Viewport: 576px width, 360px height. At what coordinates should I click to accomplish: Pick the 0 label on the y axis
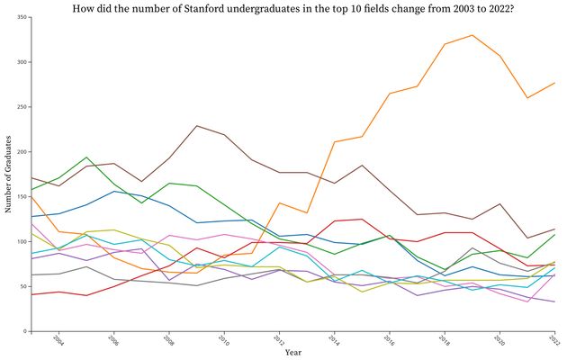tap(24, 331)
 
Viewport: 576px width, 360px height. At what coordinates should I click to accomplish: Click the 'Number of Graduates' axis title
tap(8, 175)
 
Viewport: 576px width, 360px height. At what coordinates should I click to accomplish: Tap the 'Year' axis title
tap(293, 353)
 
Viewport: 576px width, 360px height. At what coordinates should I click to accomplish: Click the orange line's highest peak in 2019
tap(472, 35)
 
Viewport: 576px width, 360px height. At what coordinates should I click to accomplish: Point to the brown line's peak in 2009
tap(196, 126)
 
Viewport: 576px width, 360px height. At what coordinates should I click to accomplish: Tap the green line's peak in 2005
tap(86, 157)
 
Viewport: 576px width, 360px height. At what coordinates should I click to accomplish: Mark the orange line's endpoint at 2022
tap(555, 83)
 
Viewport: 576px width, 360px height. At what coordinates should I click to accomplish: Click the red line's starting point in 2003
tap(31, 294)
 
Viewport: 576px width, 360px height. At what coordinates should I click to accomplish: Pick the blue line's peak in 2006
tap(113, 191)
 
